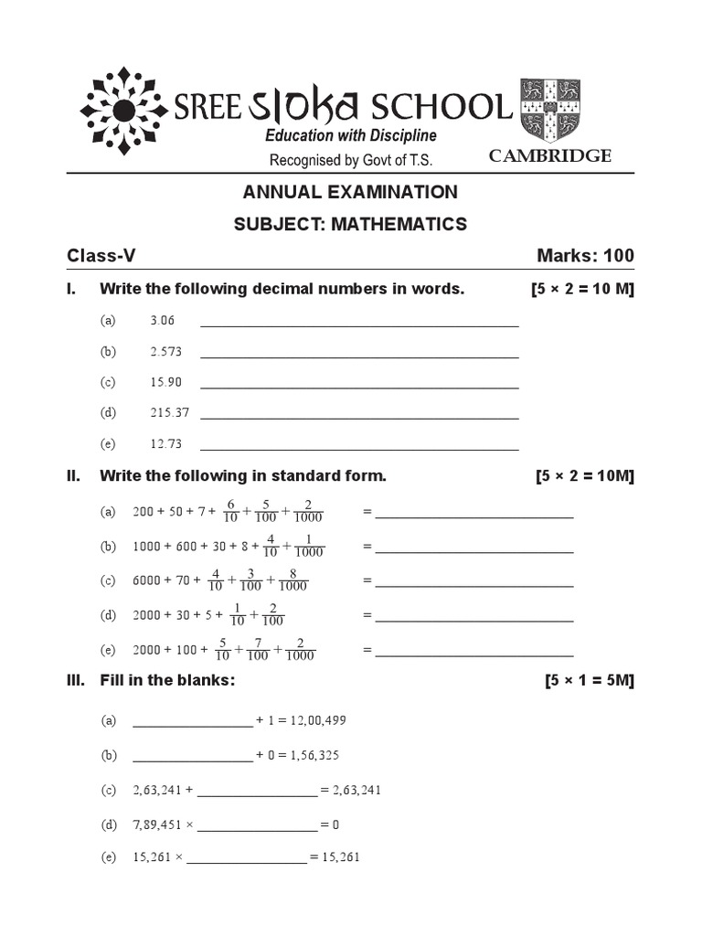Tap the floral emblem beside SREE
[126, 109]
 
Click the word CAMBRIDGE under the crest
[549, 156]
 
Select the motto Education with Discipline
[350, 135]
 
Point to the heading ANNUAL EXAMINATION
[350, 192]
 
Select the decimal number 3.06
[162, 321]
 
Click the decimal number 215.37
[169, 412]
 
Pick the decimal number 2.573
[165, 352]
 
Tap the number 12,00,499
[318, 721]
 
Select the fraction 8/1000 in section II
[293, 581]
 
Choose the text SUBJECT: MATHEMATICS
[350, 224]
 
